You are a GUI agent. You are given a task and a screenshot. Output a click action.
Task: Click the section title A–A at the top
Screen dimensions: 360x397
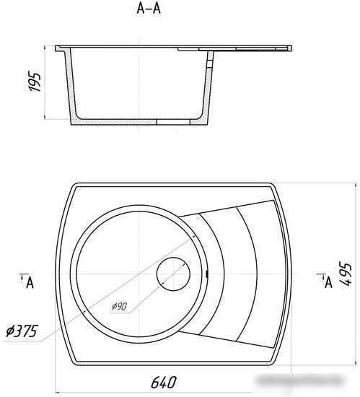pos(149,9)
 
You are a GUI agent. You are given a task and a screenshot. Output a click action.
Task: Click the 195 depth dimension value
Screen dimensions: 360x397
pos(35,82)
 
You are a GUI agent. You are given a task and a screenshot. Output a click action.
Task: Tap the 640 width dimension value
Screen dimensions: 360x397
pos(164,382)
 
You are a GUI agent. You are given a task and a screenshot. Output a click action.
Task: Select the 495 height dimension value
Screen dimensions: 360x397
pos(346,275)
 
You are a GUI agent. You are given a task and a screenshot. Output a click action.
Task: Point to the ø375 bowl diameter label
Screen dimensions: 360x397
pos(22,331)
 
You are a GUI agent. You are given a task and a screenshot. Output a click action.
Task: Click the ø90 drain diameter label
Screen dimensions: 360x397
pos(119,306)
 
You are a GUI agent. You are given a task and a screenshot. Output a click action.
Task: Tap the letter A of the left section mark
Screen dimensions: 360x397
pos(30,282)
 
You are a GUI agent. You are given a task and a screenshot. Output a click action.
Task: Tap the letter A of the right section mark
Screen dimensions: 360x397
pos(328,282)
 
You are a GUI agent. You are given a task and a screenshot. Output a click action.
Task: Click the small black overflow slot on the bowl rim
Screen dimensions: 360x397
pos(207,274)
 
